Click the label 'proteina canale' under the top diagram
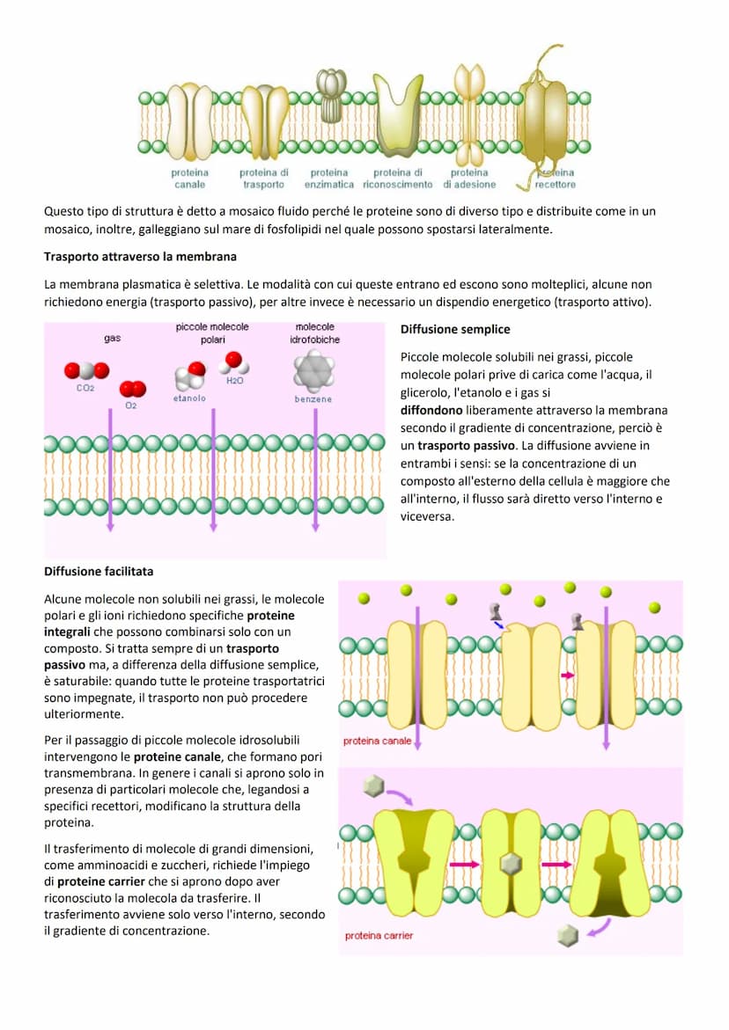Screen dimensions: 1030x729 (x=189, y=179)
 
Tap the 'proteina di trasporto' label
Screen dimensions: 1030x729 (x=263, y=179)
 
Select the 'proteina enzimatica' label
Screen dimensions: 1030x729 (x=329, y=179)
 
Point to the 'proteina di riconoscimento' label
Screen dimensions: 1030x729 (x=399, y=179)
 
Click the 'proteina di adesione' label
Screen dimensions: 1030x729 (x=469, y=179)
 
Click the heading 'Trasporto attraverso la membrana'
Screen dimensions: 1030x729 (x=140, y=257)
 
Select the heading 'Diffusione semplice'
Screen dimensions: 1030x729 (x=454, y=330)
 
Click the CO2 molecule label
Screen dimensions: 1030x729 (x=85, y=388)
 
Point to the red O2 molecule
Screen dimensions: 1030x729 (x=133, y=390)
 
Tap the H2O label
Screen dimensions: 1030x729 (x=234, y=381)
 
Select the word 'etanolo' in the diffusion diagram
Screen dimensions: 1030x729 (x=189, y=398)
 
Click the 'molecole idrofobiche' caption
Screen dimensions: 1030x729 (x=314, y=332)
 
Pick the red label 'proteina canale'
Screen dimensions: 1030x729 (x=377, y=741)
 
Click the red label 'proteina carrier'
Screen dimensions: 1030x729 (x=379, y=935)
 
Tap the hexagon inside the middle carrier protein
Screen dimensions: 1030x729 (x=509, y=864)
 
